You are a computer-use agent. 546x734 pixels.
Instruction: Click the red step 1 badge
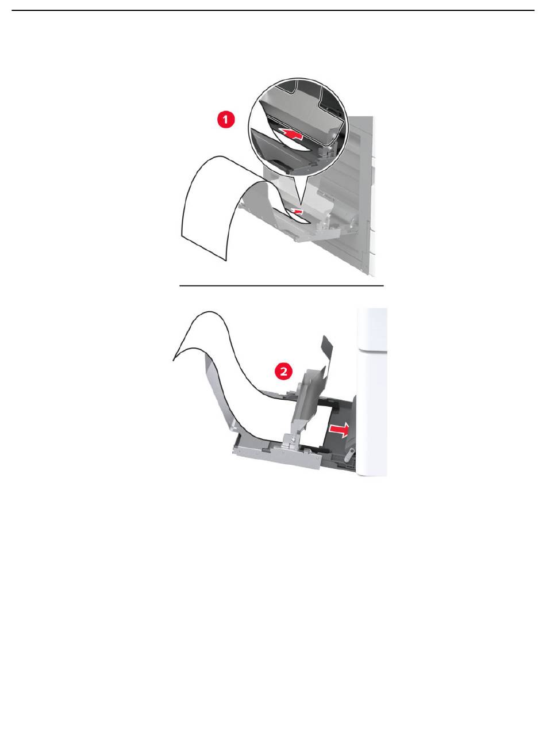point(226,119)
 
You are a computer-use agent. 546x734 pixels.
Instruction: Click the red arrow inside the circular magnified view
point(291,133)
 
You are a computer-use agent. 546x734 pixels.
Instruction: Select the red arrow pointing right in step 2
point(339,429)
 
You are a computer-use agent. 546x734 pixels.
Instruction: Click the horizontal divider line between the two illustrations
point(282,285)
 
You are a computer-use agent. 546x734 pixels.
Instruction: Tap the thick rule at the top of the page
point(273,10)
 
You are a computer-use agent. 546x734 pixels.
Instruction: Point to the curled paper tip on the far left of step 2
point(174,360)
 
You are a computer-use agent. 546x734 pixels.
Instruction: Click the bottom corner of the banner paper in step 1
point(225,261)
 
